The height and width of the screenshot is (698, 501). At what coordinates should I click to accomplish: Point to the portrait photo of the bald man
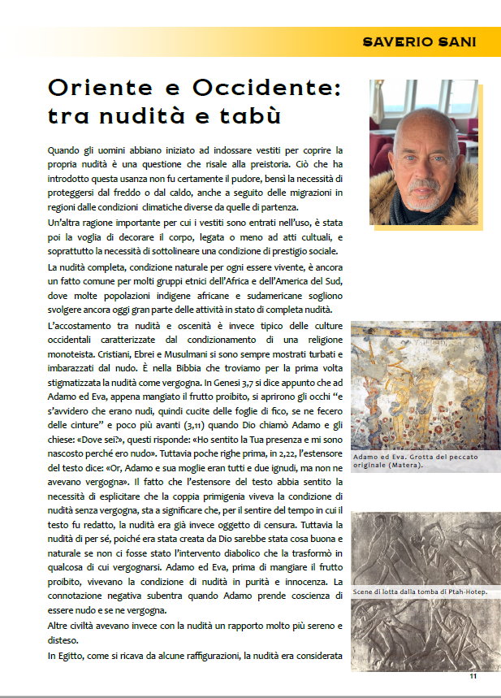click(x=424, y=151)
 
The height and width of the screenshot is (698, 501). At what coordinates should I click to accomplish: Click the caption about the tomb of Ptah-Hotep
click(x=420, y=592)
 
